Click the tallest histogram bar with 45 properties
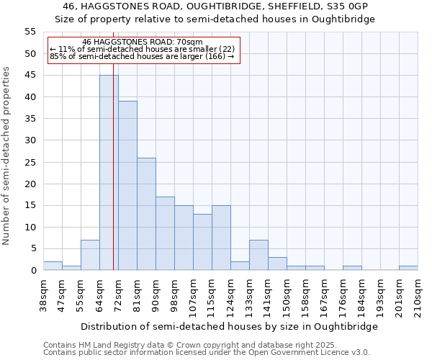(109, 173)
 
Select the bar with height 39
(127, 186)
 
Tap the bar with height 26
(146, 214)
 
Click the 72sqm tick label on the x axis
(118, 296)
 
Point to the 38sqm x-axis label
(43, 296)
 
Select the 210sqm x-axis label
(418, 296)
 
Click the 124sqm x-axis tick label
(230, 297)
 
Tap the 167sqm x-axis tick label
(324, 297)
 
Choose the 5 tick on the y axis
(32, 249)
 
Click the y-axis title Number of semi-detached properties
(7, 156)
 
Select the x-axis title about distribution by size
(229, 326)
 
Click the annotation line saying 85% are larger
(142, 56)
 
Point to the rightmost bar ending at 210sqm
(408, 268)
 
